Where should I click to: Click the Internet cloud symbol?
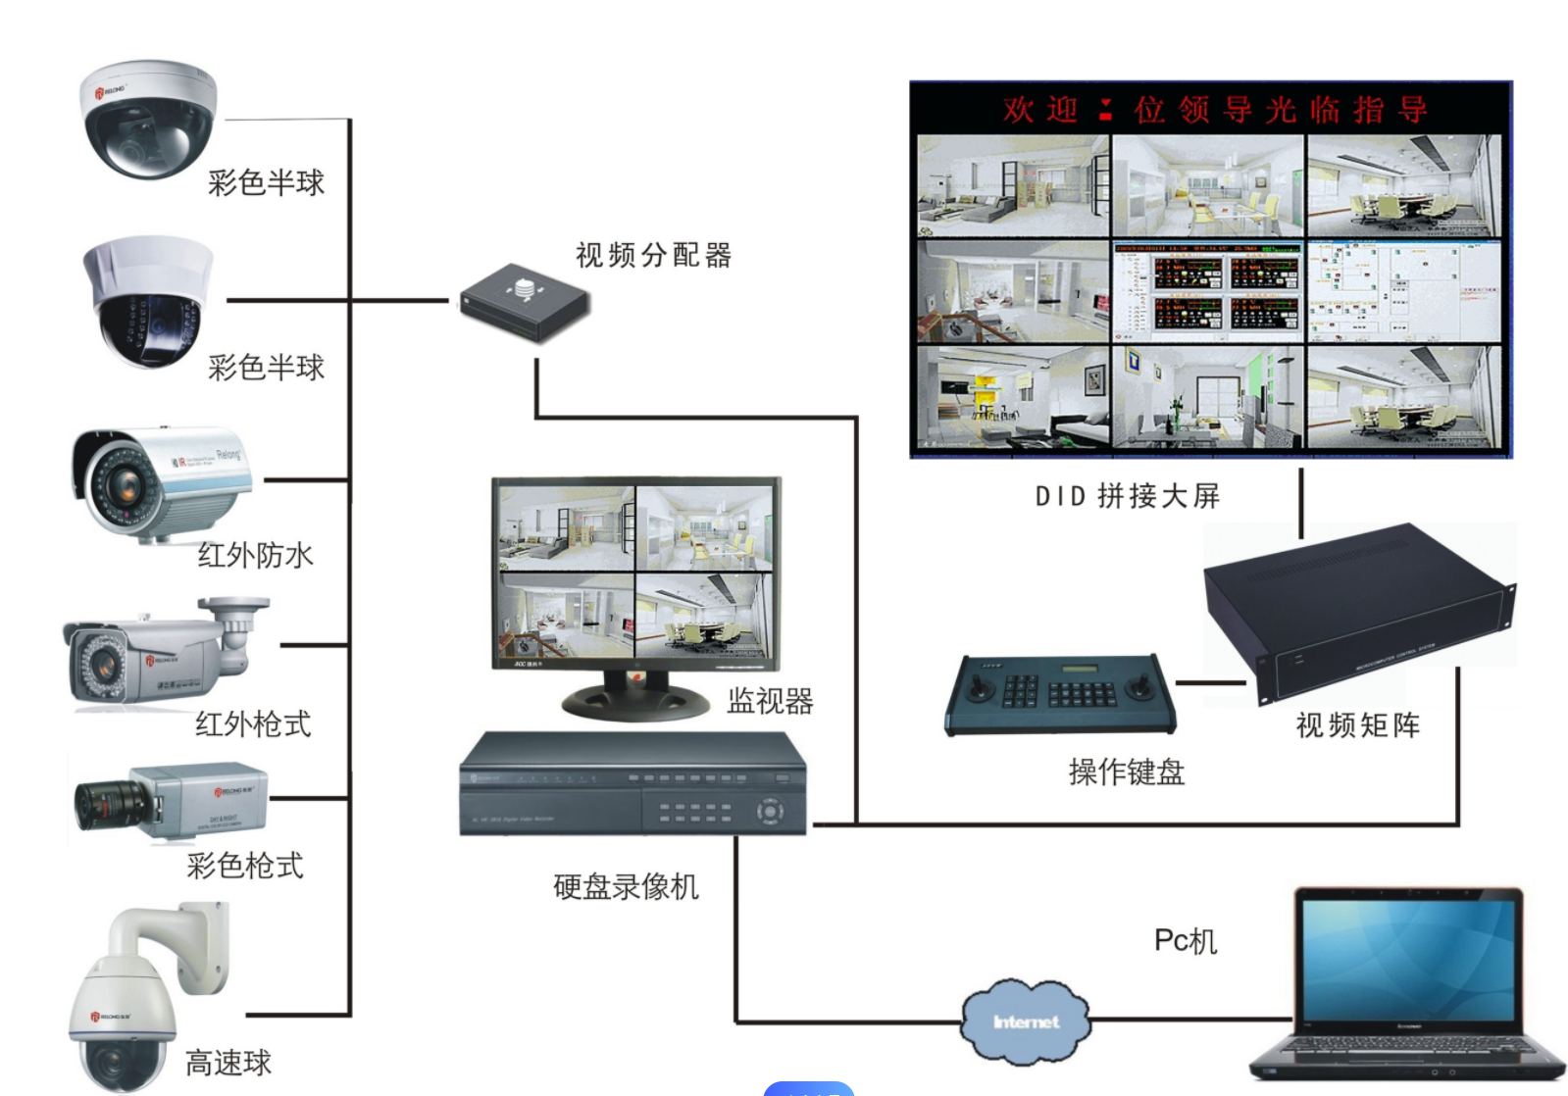pos(1025,1021)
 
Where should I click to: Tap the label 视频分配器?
pos(653,256)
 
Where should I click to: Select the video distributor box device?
pos(525,302)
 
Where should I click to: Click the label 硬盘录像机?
pos(626,887)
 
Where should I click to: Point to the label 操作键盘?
pos(1127,772)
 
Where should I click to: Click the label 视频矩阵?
pos(1357,725)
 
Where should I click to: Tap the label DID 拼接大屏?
pos(1127,496)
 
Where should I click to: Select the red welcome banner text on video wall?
pos(1214,110)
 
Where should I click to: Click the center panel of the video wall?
pos(1208,291)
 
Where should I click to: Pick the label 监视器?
pos(770,701)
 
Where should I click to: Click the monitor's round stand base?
pos(635,699)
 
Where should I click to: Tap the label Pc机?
pos(1185,941)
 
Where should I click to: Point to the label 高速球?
pos(228,1063)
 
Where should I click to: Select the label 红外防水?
pos(255,556)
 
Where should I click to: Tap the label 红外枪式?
pos(253,724)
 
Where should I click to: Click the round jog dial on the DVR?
pos(769,812)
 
